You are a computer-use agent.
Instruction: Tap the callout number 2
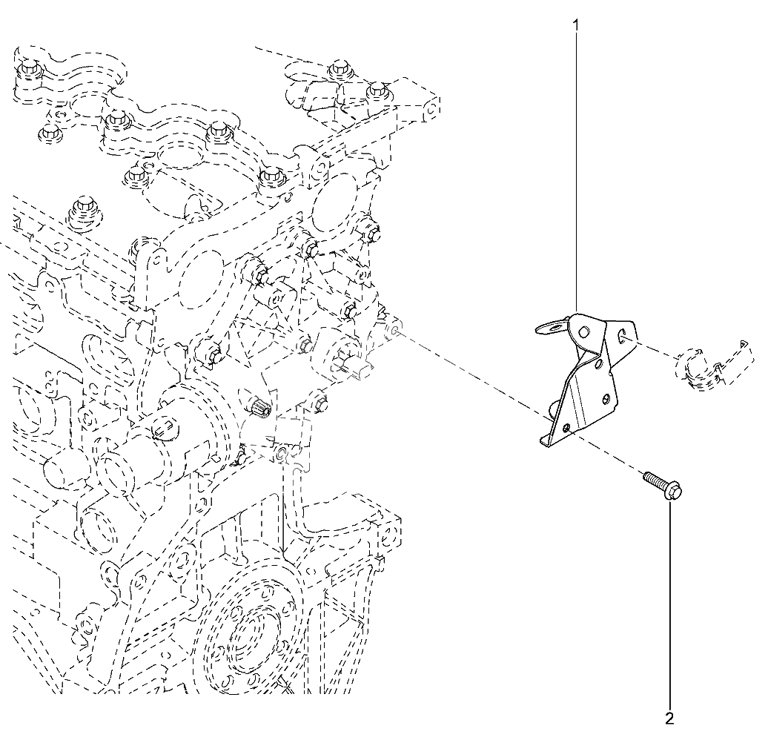(669, 718)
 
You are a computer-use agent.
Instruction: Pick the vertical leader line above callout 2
(671, 608)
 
